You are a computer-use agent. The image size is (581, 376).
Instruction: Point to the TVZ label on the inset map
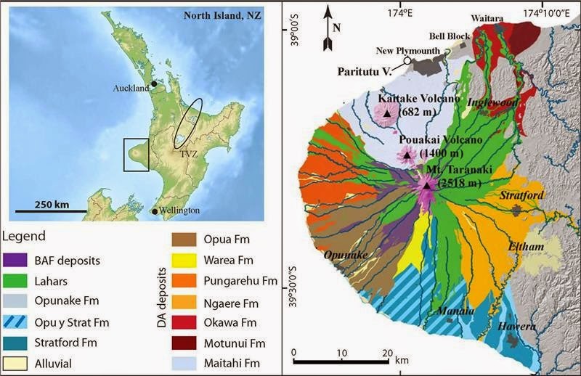(x=189, y=154)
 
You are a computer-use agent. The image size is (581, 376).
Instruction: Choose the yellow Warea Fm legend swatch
(x=184, y=258)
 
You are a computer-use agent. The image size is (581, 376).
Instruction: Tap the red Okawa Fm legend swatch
(x=184, y=320)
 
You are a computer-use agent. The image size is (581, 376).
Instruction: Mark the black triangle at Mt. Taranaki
(x=427, y=184)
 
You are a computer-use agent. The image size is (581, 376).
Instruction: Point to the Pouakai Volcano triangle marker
(x=407, y=155)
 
